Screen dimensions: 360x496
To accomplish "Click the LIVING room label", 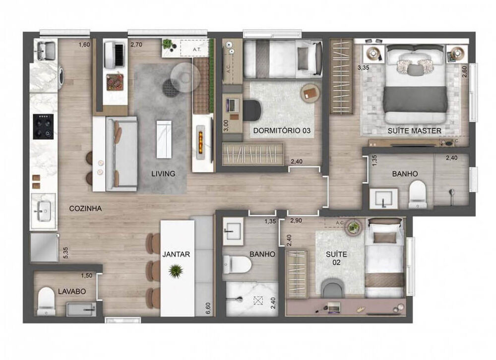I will [163, 174].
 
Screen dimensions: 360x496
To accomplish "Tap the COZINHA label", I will [85, 209].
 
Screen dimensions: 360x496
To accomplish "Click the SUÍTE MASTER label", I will [415, 131].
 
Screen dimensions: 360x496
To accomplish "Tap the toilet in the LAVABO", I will [46, 299].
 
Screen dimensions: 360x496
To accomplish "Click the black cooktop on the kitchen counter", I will [43, 127].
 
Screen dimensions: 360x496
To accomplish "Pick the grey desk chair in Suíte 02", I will [332, 289].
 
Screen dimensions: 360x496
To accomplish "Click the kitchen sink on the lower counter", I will [43, 210].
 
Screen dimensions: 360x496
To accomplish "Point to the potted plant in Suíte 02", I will [354, 227].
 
